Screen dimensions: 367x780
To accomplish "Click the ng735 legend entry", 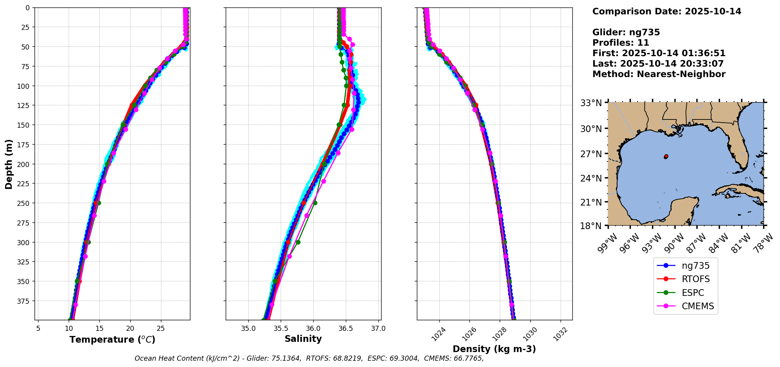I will [695, 266].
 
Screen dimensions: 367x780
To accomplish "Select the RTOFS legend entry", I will [695, 279].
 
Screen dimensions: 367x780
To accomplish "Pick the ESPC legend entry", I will [692, 293].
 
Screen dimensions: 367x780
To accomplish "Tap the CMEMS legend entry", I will [698, 306].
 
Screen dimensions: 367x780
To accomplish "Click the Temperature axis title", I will [112, 339].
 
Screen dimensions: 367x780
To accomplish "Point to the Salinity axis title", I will [303, 339].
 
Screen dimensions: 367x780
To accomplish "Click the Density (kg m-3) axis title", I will [494, 349].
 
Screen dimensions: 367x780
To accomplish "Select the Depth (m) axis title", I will [9, 164].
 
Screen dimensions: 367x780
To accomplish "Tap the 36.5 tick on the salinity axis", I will [345, 328].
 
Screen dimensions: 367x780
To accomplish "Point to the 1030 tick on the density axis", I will [530, 333].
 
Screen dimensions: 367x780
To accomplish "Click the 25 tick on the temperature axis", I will [161, 328].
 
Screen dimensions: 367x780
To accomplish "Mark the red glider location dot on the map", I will [666, 156].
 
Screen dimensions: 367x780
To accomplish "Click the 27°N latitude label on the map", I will [591, 154].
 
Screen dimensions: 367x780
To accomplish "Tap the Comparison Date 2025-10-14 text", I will [667, 11].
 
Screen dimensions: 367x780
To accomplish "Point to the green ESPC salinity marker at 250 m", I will [315, 203].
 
